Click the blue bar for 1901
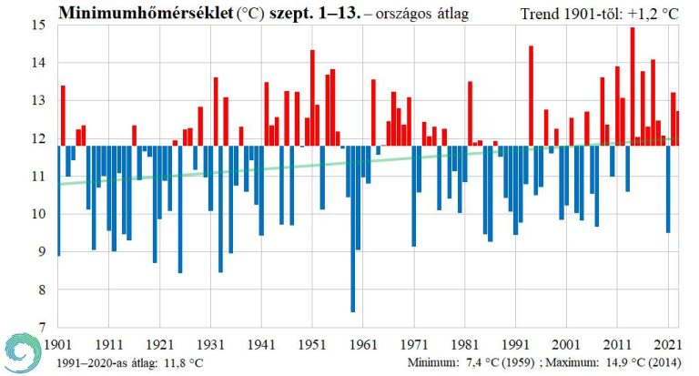59,200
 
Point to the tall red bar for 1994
531,96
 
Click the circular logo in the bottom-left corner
20,353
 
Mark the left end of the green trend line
60,185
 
